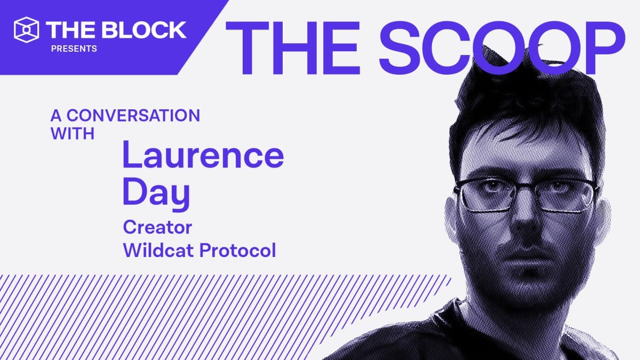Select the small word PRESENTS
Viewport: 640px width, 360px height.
tap(74, 49)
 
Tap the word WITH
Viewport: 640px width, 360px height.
tap(73, 133)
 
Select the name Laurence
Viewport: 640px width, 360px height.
tap(203, 155)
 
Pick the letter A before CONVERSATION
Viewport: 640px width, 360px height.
tap(55, 116)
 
